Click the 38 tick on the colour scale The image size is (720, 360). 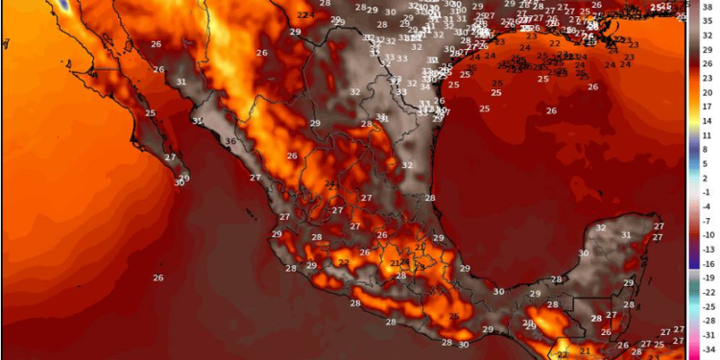[x=708, y=6]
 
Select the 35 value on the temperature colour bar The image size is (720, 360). [x=708, y=20]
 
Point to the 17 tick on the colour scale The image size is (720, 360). [x=708, y=107]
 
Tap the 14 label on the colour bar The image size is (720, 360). [x=708, y=121]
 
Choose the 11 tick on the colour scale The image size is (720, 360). [x=708, y=135]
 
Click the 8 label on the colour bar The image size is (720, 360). [x=708, y=149]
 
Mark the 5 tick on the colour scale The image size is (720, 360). [x=708, y=163]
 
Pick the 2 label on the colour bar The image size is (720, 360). [x=708, y=178]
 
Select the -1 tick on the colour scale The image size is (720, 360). [x=708, y=192]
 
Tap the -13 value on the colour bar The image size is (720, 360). [x=708, y=249]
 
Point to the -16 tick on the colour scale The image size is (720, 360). [x=708, y=263]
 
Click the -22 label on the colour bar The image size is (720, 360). [x=708, y=292]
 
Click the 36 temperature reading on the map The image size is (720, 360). [x=230, y=142]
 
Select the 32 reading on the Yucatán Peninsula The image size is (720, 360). [x=601, y=228]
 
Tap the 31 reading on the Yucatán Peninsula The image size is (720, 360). [x=626, y=235]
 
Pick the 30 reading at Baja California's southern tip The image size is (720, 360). [x=180, y=182]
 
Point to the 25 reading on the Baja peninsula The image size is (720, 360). [x=151, y=113]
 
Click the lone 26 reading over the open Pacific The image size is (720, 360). [x=157, y=277]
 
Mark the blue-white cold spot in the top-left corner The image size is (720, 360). [x=63, y=5]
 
